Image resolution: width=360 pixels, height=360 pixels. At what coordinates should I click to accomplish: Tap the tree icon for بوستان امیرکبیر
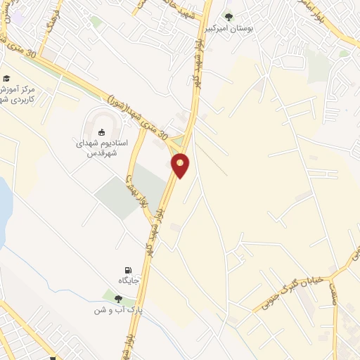click(227, 16)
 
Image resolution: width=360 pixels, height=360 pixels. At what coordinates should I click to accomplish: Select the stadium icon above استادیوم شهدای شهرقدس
click(101, 131)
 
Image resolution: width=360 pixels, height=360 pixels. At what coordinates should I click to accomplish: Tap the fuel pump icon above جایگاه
click(127, 270)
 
